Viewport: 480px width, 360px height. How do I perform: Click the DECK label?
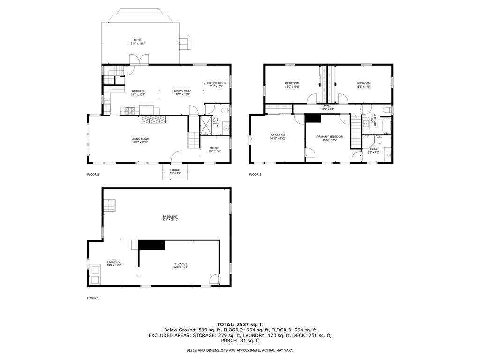(x=137, y=40)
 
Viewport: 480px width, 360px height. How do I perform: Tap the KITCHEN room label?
(x=138, y=91)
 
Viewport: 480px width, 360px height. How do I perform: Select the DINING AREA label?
(x=182, y=91)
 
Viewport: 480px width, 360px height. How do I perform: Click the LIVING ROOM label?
(x=140, y=139)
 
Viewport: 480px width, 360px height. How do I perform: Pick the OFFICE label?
(x=215, y=148)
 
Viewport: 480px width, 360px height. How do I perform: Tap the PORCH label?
(x=175, y=170)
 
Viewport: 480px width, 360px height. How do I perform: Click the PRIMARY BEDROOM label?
(x=330, y=137)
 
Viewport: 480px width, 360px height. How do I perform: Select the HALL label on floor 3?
(x=327, y=106)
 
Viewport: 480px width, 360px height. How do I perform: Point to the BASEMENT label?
(x=170, y=216)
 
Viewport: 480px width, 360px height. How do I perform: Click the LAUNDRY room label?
(x=114, y=262)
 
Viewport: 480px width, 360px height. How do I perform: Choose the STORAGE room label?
(x=181, y=264)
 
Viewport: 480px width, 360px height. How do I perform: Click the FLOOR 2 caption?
(x=93, y=175)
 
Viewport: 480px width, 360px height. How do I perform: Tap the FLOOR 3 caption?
(x=255, y=175)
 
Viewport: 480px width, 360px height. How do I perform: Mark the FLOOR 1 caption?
(x=93, y=298)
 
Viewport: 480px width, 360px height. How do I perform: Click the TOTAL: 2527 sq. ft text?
(x=240, y=324)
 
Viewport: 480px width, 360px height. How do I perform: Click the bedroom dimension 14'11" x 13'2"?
(x=278, y=139)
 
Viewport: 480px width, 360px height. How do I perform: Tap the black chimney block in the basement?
(x=151, y=245)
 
